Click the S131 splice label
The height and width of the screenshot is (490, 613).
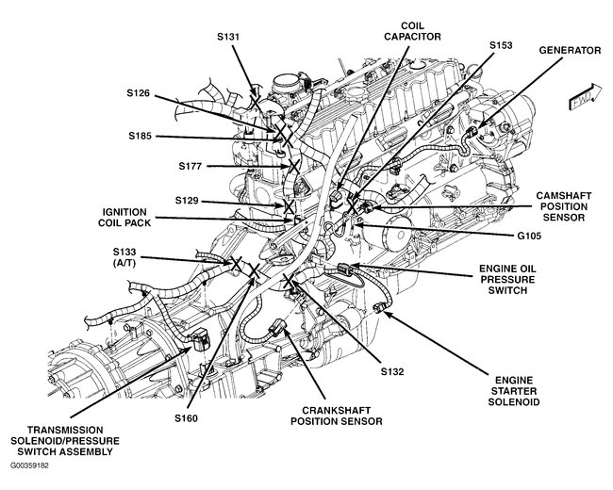tap(229, 37)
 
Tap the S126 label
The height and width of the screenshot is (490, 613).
tap(141, 93)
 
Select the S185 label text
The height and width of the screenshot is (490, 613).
tap(142, 136)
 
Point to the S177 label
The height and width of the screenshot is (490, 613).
tap(192, 166)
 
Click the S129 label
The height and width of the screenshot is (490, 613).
tap(190, 201)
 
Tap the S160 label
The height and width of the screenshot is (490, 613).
tap(188, 417)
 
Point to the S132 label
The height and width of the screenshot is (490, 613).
tap(391, 372)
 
